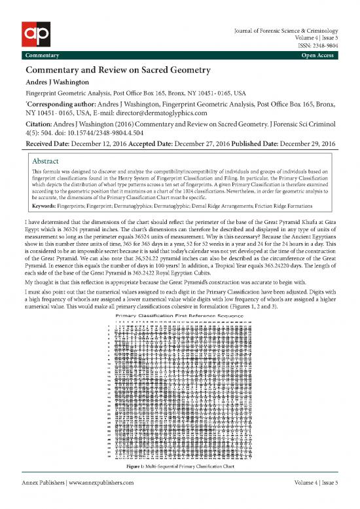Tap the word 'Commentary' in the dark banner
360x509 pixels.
click(41, 54)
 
